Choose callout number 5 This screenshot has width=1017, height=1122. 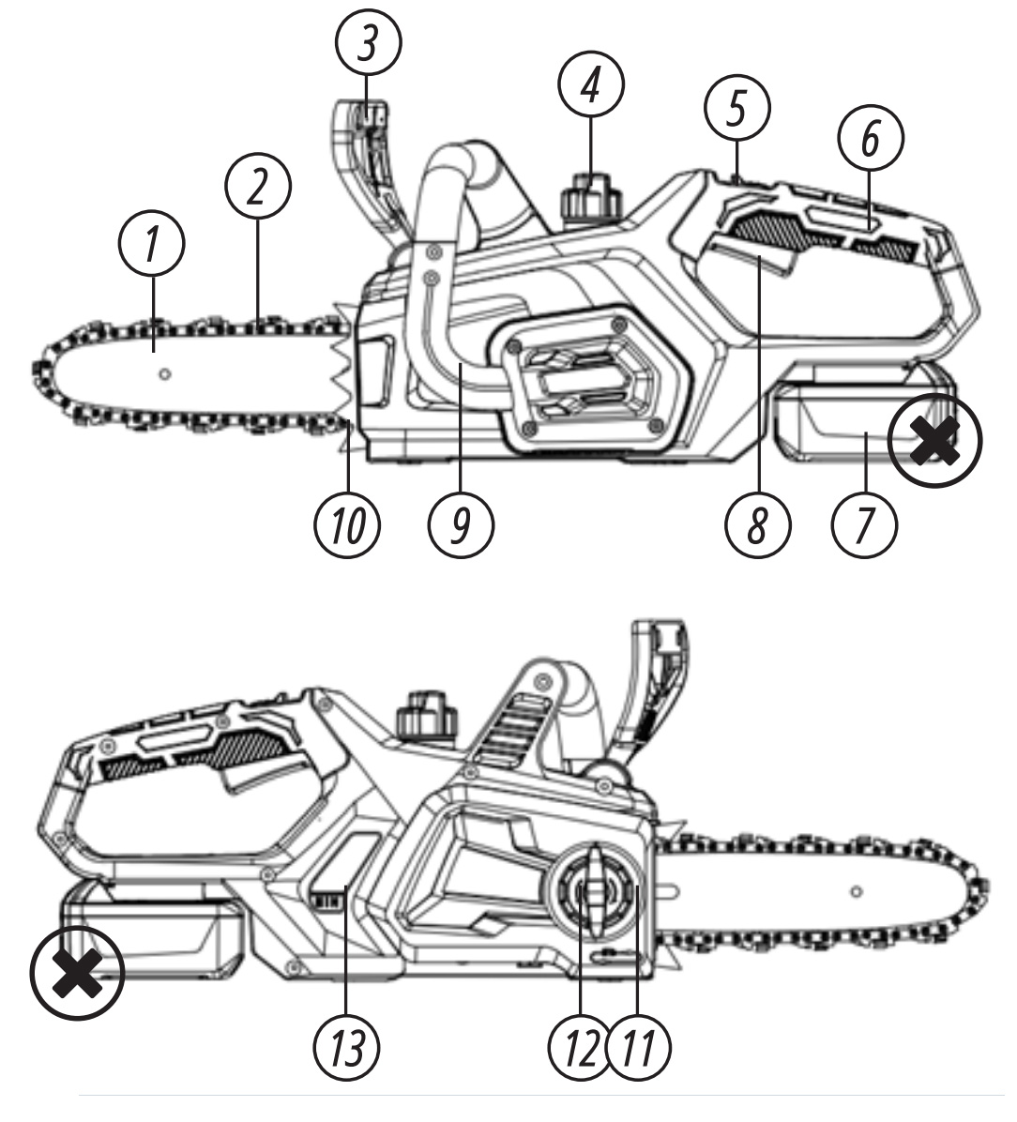point(737,108)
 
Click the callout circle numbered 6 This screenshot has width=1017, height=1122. point(871,138)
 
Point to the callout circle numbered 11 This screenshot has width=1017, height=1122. point(639,1044)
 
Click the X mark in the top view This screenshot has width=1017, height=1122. point(934,439)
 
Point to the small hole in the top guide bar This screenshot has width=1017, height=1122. point(165,374)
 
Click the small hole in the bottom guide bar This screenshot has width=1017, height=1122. point(856,889)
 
